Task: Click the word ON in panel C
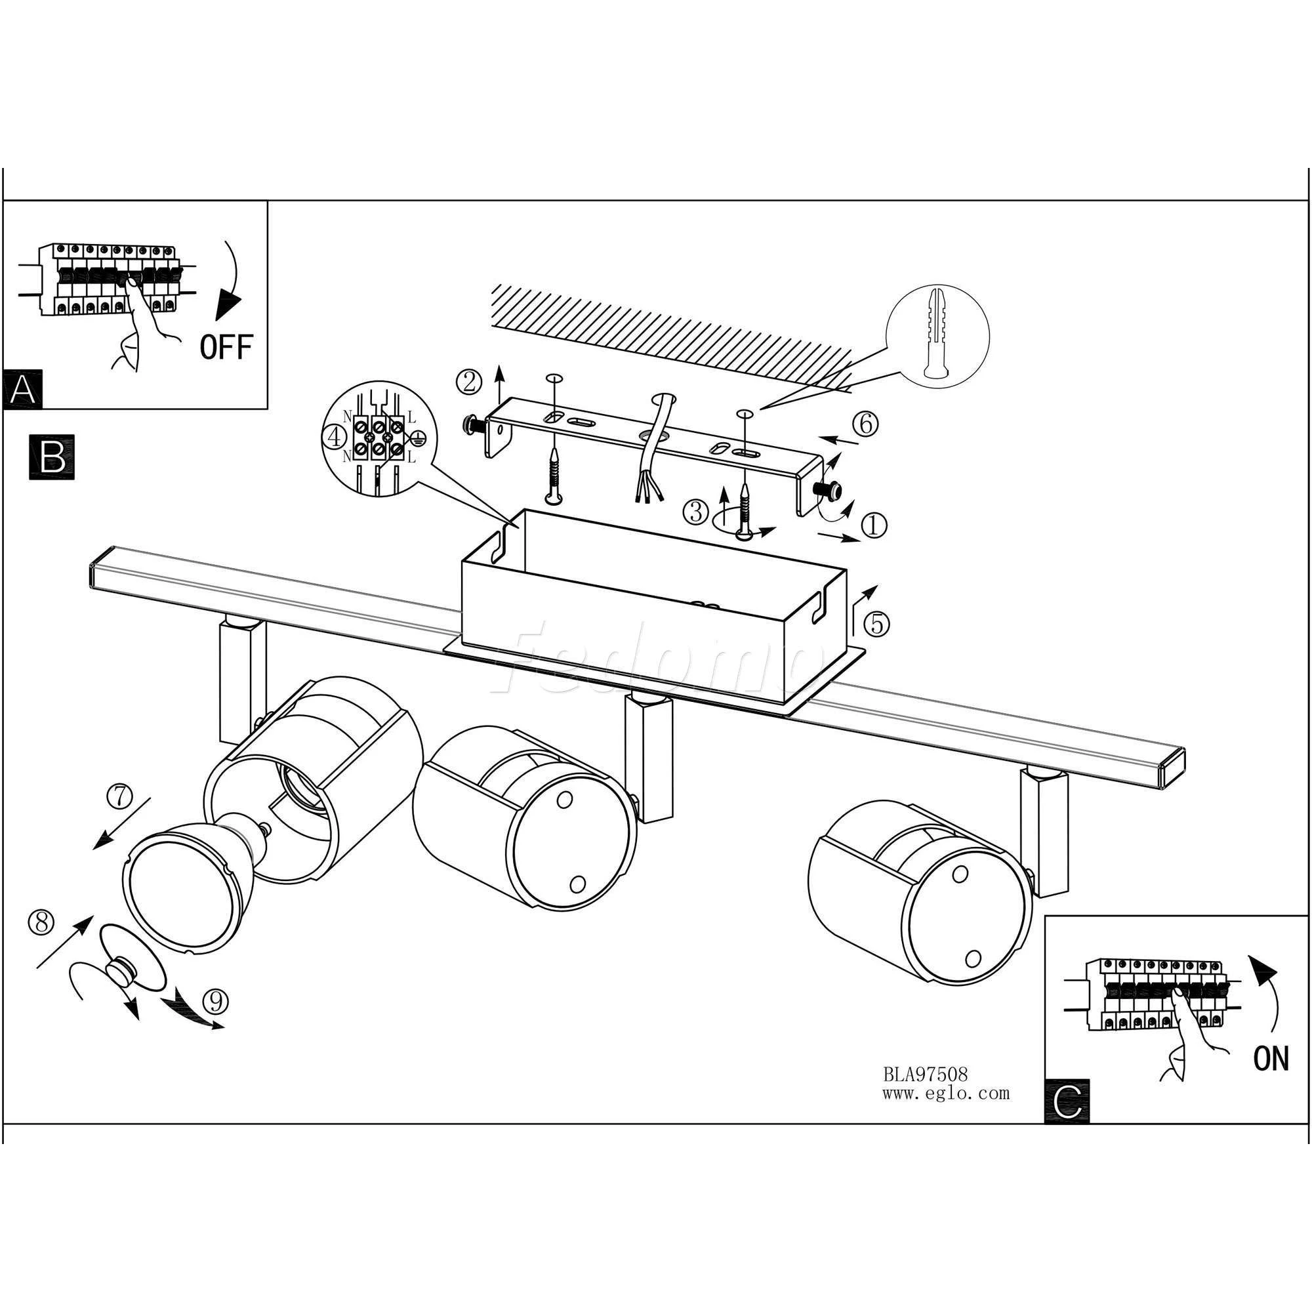click(1271, 1059)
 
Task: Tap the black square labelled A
click(22, 390)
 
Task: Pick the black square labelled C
click(1067, 1101)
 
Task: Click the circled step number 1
click(874, 523)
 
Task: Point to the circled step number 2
click(468, 382)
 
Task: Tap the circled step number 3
click(696, 512)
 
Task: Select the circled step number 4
click(335, 438)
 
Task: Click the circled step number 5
click(876, 623)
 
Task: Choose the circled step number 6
click(866, 424)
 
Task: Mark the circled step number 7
click(121, 797)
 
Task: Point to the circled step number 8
click(41, 922)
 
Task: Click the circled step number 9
click(216, 1000)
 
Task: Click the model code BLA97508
click(925, 1075)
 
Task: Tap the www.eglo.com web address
click(946, 1094)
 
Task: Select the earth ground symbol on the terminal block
click(417, 438)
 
